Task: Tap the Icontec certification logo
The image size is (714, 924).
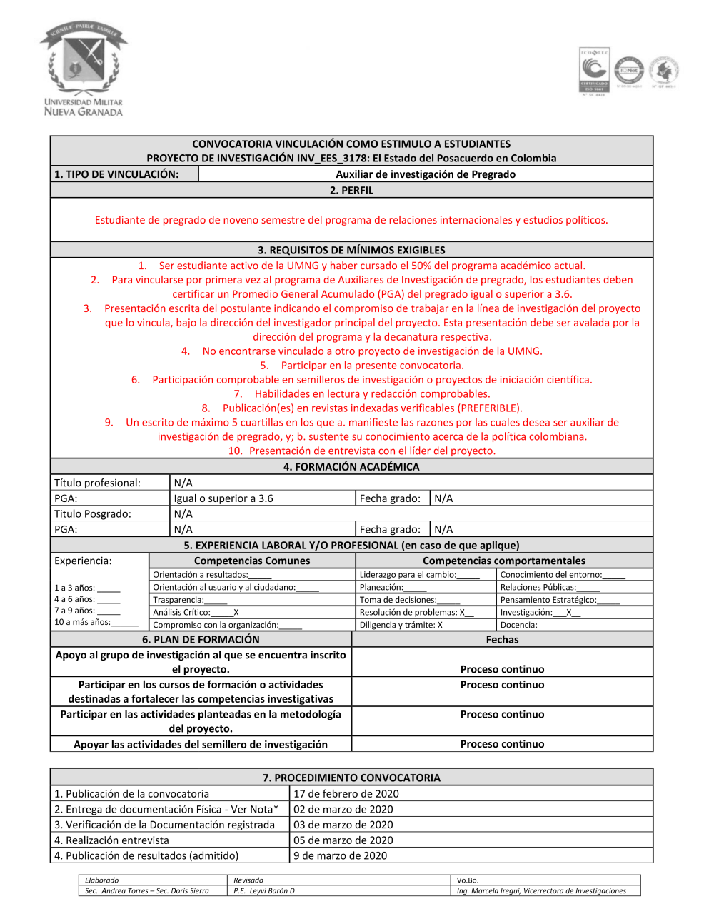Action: pos(594,71)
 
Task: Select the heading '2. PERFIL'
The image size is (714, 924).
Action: pos(351,191)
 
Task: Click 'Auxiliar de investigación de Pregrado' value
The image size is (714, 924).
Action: pos(426,174)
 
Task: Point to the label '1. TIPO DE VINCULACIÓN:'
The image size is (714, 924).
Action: pos(116,174)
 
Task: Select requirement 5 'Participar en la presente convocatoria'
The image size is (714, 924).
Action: pos(372,366)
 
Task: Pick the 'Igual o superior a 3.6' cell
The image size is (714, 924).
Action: pos(223,498)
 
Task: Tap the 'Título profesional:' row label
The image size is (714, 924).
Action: pos(98,483)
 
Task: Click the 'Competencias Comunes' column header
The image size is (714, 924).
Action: pos(252,561)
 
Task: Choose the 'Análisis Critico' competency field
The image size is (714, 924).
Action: pos(196,613)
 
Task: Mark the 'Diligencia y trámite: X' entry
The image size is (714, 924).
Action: pos(401,625)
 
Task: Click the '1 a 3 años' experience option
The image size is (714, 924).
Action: pos(87,588)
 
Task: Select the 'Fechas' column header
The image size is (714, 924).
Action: pos(502,640)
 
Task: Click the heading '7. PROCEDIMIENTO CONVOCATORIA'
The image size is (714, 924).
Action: pos(351,778)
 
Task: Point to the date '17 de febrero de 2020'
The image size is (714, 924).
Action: pos(346,794)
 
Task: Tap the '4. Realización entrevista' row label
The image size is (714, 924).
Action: pos(112,840)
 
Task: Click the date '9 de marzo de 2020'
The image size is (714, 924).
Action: pos(341,856)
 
